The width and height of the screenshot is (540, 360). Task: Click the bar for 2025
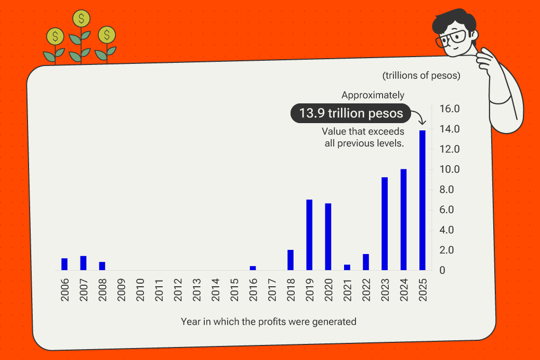click(x=422, y=200)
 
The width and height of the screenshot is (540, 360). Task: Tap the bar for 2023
click(x=385, y=223)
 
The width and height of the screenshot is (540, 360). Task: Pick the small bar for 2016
click(x=253, y=268)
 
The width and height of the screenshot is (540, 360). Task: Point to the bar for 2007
click(x=83, y=263)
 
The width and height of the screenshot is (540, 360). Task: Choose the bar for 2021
click(x=347, y=268)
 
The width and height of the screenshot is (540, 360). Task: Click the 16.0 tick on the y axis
click(x=450, y=109)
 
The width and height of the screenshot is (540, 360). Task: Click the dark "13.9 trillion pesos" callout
click(x=351, y=113)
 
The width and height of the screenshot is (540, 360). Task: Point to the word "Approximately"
click(x=373, y=95)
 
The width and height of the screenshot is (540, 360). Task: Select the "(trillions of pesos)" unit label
click(x=422, y=76)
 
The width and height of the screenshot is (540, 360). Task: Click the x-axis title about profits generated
click(x=269, y=322)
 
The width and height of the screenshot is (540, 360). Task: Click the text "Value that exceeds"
click(x=363, y=131)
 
